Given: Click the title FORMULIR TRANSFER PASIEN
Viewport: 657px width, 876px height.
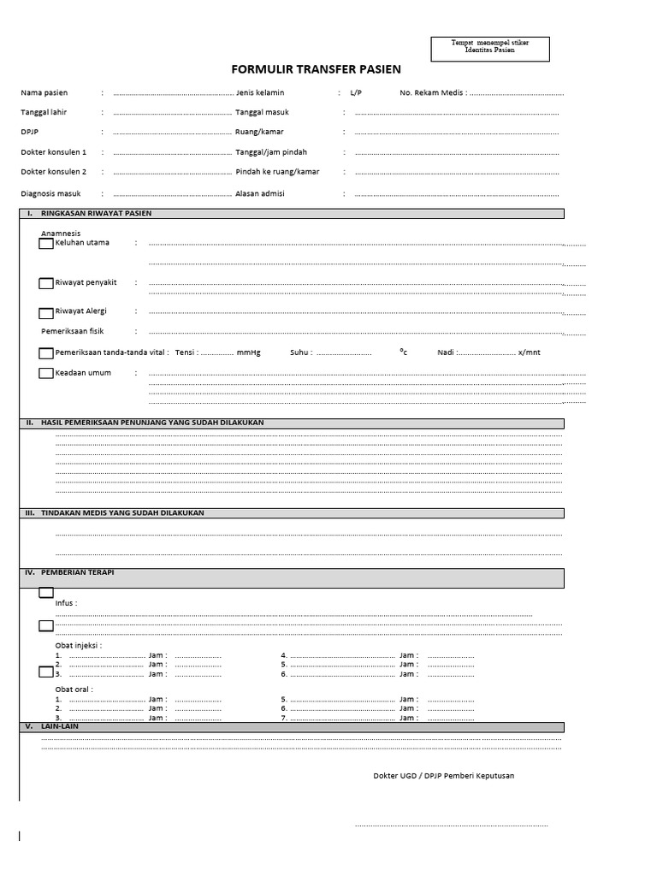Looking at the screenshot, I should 316,69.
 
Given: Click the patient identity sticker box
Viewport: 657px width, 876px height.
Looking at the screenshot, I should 489,49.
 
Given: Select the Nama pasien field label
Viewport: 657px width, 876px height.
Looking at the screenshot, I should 44,92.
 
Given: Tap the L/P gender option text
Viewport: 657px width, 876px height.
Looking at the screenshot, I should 356,92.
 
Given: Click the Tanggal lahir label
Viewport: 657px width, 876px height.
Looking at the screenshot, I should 44,112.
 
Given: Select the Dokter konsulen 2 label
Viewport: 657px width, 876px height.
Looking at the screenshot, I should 53,171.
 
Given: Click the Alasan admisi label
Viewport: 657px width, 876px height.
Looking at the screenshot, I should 260,193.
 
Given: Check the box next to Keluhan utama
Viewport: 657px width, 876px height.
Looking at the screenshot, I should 46,244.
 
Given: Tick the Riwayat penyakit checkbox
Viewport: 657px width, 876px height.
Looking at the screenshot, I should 46,283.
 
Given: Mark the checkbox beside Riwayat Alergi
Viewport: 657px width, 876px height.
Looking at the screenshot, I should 46,313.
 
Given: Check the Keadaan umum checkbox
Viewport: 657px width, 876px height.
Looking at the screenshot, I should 46,373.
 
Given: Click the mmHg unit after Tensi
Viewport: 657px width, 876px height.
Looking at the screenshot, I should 248,352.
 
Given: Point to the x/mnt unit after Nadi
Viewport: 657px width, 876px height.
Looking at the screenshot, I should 529,352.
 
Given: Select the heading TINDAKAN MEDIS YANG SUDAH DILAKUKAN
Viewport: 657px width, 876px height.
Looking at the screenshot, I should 122,512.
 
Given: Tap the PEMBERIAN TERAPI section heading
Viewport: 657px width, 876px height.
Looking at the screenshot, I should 77,571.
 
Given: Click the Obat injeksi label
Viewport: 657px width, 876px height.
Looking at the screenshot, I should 79,645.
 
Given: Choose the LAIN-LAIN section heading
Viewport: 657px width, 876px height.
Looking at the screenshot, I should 60,726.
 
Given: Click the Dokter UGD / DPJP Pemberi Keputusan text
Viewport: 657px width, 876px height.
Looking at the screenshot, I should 443,776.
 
